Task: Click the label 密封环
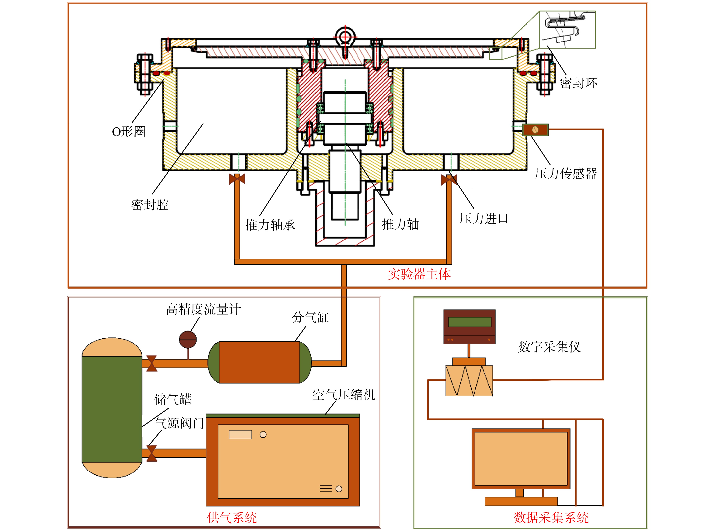(578, 83)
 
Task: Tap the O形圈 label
(129, 131)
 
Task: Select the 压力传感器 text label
(566, 173)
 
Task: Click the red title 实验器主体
(419, 274)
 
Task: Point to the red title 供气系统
(232, 517)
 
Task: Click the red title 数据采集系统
(551, 517)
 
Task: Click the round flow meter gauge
(188, 339)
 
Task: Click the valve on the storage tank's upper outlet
(152, 364)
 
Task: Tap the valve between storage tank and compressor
(152, 453)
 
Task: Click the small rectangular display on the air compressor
(240, 435)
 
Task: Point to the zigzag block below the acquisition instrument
(469, 381)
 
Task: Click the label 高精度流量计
(203, 309)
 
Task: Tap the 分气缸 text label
(310, 317)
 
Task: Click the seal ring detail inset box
(568, 30)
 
